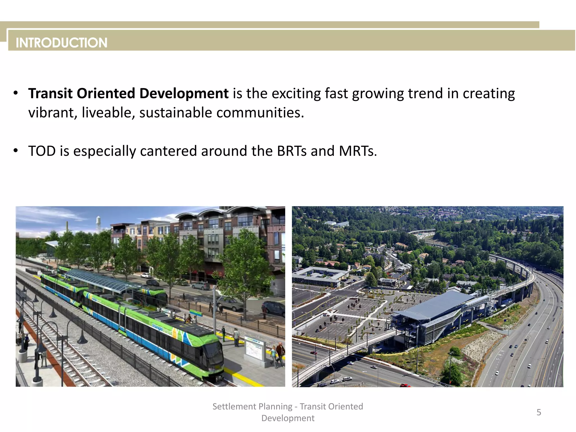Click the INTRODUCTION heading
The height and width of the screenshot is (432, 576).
[x=61, y=43]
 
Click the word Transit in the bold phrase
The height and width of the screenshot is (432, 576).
[x=50, y=93]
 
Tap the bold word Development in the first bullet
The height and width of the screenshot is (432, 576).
[x=184, y=93]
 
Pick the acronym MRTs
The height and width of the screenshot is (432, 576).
[x=357, y=151]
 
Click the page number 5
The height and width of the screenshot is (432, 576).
[x=539, y=412]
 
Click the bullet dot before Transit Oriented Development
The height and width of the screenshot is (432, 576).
[x=16, y=93]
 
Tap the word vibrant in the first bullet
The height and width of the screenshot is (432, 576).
[x=51, y=113]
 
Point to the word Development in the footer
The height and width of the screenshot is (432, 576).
[x=288, y=418]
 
